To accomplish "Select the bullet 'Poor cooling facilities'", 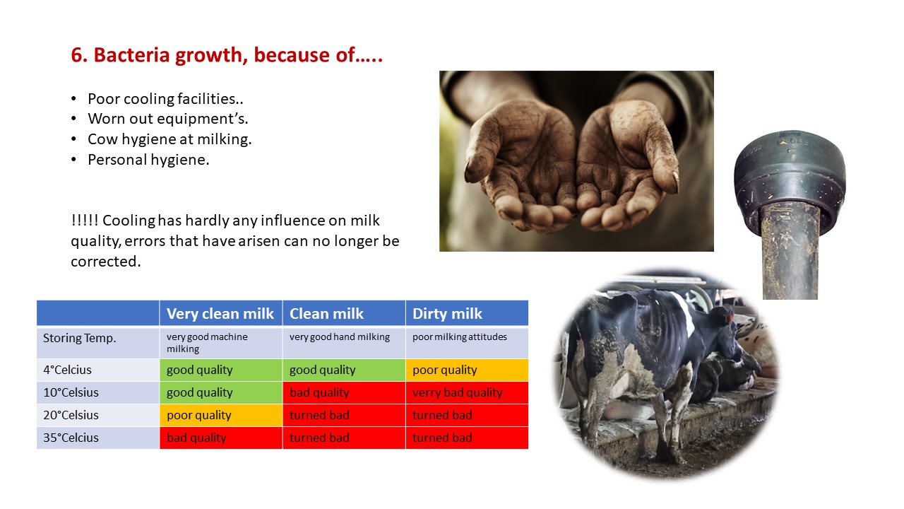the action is coord(165,98).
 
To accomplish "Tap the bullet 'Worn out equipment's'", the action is coord(168,119).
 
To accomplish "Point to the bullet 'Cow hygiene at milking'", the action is coord(169,139).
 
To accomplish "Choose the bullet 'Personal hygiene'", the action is coord(148,160).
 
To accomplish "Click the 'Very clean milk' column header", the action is coord(220,313).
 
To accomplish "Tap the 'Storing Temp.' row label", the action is coord(80,338).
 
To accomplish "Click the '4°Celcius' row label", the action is coord(67,370).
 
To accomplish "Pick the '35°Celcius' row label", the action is coord(71,438).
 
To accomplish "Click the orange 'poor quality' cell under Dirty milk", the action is coord(467,370).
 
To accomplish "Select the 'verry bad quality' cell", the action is coord(467,392).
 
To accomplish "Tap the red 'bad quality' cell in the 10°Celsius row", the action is coord(344,392).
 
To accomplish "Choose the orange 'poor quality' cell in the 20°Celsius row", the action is coord(221,415).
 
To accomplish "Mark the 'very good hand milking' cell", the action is coord(344,343).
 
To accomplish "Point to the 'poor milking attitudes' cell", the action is coord(467,343).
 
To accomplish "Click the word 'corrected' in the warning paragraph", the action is coord(106,262).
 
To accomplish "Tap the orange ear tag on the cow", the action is coord(729,316).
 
